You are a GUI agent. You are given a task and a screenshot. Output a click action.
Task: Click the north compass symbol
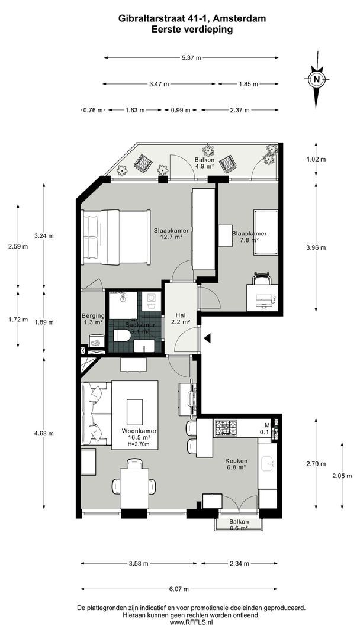click(x=317, y=80)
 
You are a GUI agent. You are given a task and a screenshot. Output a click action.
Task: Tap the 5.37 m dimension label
click(x=191, y=57)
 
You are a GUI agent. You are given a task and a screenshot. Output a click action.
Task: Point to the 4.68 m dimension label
click(x=44, y=433)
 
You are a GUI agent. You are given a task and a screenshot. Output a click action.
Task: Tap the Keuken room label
click(x=236, y=464)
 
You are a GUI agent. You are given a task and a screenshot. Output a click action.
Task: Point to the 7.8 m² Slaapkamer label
click(x=249, y=237)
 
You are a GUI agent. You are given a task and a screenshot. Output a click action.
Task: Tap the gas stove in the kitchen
click(x=225, y=427)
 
